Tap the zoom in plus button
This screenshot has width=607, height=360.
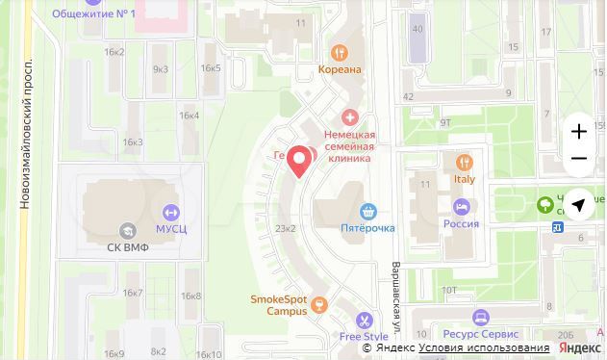tap(578, 131)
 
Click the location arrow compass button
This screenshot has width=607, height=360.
tap(578, 204)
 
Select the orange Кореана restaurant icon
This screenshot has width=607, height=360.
tap(339, 53)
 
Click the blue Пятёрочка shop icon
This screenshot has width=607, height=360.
tap(367, 211)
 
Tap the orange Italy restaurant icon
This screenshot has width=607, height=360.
tap(464, 162)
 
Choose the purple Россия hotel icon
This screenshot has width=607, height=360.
tap(461, 207)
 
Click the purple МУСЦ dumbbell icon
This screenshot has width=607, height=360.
tap(170, 213)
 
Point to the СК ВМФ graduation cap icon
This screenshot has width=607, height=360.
tap(127, 230)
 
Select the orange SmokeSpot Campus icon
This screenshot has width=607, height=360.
tap(319, 304)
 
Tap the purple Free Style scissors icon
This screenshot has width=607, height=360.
tap(364, 320)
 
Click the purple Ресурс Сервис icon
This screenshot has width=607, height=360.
tap(479, 317)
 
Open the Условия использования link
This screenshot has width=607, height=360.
tap(484, 348)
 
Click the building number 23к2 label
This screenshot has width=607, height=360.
tap(285, 228)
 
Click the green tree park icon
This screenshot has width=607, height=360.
tap(546, 204)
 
